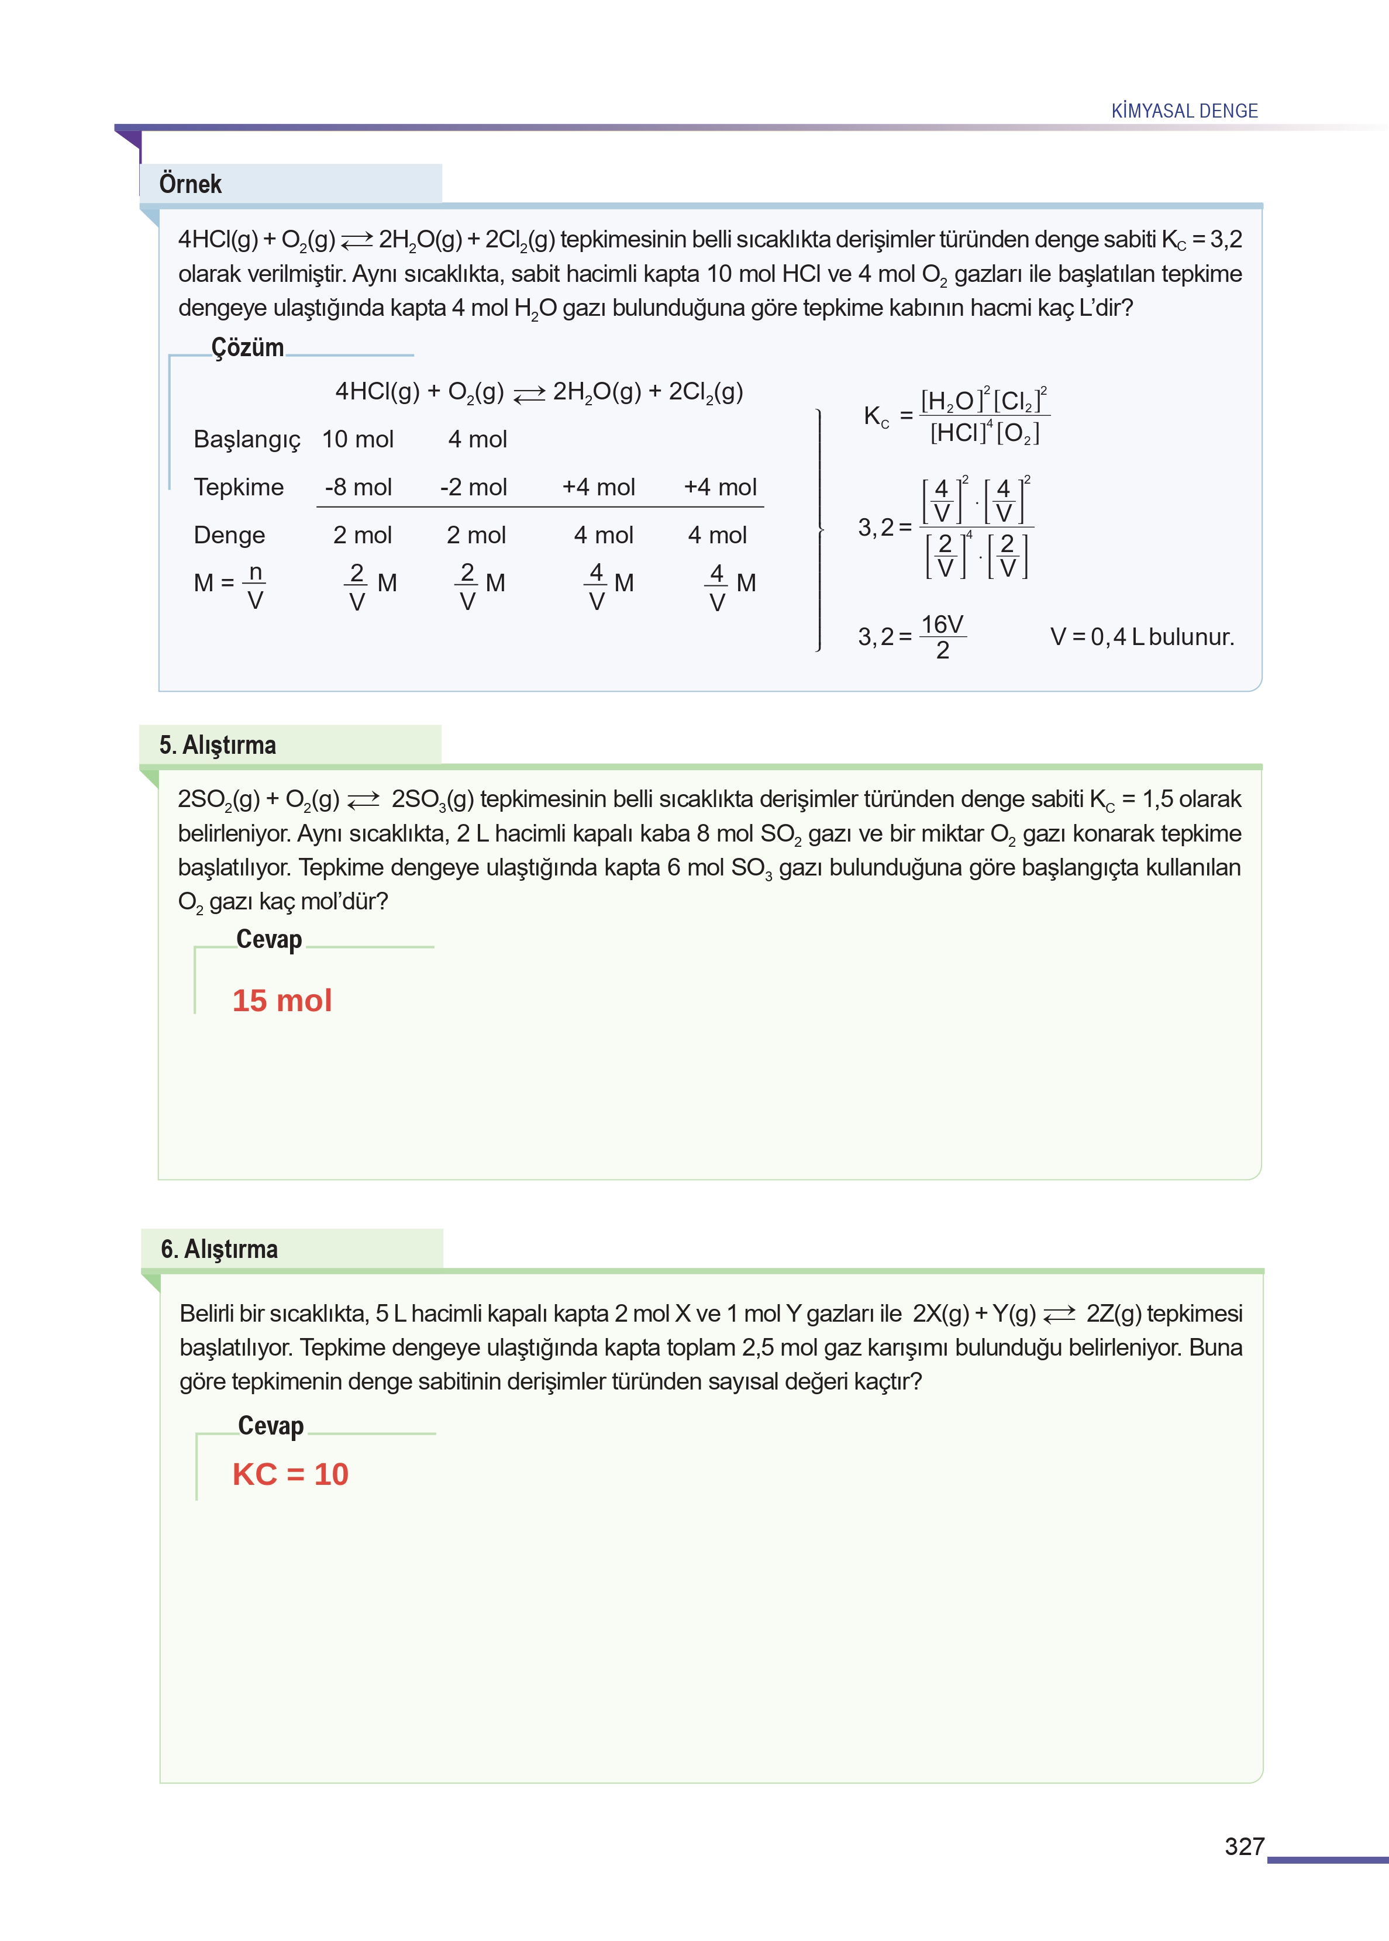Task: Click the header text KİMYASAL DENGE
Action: pos(1184,111)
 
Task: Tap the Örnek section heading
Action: pos(190,184)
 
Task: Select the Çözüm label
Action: pos(247,347)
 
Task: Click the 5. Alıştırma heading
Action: pos(217,745)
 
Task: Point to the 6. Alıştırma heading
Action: pos(219,1249)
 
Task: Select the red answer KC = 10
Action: pos(290,1474)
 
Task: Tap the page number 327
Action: pos(1243,1847)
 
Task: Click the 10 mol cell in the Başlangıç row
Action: pos(357,440)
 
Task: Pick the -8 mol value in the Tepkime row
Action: pos(359,487)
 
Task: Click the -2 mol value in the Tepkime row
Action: pos(473,487)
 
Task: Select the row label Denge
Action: pos(229,535)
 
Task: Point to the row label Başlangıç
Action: pos(247,440)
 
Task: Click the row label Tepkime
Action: pos(239,487)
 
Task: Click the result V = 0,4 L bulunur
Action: pos(1142,637)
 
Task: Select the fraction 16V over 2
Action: pos(943,637)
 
